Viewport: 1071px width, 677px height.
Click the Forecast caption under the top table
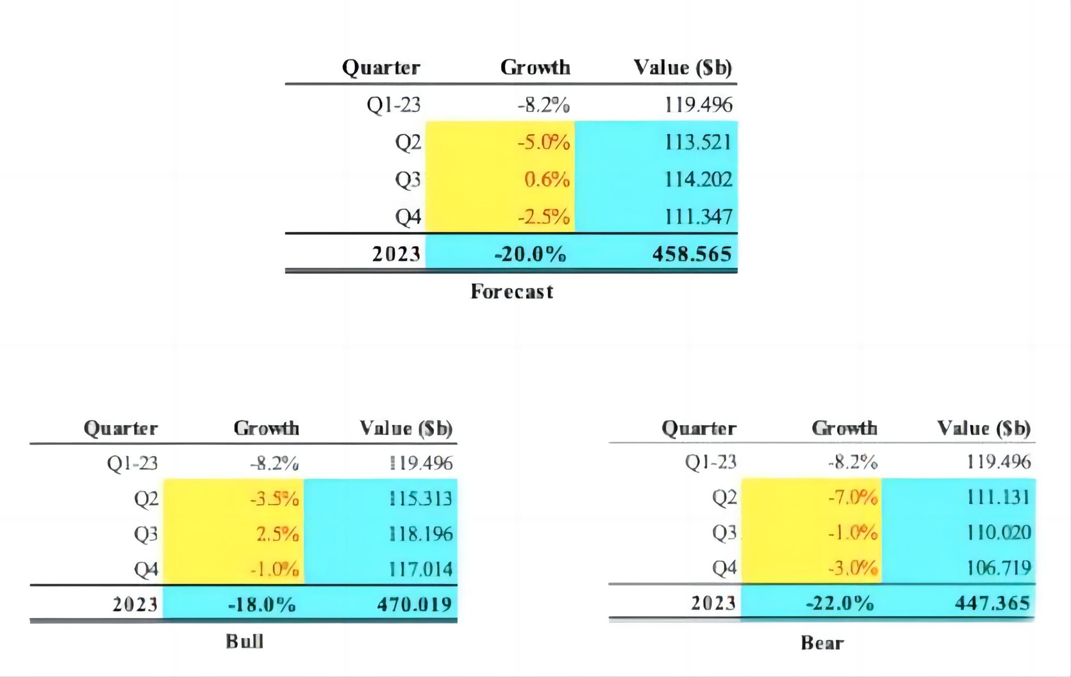512,292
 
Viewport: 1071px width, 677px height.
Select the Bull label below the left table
245,642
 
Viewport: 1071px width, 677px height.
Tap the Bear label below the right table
822,643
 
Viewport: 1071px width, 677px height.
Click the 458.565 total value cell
692,254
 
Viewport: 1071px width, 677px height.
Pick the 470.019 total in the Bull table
415,604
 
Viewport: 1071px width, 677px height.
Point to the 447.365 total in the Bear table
992,603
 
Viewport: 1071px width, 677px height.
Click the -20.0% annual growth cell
530,254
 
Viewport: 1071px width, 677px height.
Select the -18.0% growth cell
262,605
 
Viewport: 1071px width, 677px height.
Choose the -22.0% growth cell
839,604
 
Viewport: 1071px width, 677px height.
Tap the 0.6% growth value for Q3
547,180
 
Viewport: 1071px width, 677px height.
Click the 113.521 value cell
698,143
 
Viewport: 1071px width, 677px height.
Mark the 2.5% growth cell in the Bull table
277,534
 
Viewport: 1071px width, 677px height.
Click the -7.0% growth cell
852,497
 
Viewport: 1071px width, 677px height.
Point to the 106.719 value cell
999,568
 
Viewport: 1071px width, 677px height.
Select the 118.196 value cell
421,534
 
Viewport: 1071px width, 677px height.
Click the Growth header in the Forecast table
535,67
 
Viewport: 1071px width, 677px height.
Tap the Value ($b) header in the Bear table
984,428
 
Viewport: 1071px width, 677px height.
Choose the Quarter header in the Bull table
121,428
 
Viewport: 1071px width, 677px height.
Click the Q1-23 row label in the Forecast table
394,105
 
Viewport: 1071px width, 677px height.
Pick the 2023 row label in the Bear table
713,603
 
